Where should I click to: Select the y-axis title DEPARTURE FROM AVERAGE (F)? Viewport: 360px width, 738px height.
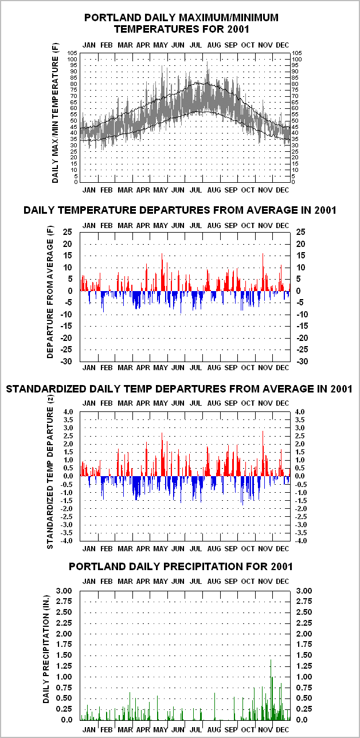(50, 292)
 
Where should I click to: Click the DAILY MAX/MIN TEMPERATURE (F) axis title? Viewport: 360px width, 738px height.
(55, 113)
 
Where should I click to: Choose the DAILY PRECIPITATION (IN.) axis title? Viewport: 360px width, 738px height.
(46, 649)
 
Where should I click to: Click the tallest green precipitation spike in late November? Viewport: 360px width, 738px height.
(271, 690)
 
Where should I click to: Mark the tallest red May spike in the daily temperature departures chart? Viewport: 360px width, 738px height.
(162, 272)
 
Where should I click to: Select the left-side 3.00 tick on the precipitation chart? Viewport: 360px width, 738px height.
(64, 591)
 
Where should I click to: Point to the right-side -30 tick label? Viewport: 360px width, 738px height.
(303, 362)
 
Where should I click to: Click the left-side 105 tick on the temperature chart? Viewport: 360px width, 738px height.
(72, 53)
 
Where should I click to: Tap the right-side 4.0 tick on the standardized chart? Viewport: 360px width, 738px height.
(300, 412)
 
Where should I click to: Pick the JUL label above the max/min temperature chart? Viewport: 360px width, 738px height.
(195, 45)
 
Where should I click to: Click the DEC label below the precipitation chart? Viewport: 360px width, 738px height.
(283, 730)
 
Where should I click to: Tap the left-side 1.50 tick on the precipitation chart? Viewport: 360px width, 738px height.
(64, 655)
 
